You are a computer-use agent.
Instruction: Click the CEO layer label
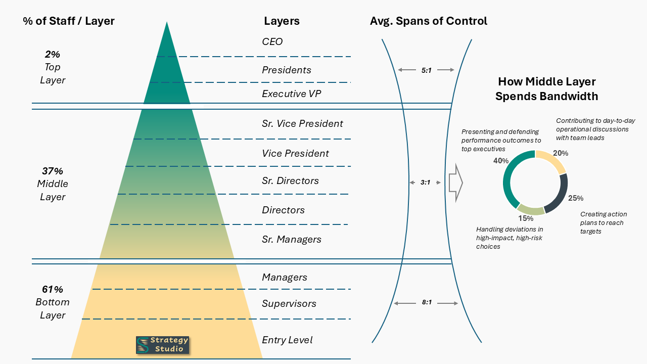pyautogui.click(x=272, y=41)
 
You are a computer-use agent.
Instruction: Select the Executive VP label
pyautogui.click(x=291, y=94)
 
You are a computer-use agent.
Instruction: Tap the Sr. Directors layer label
pyautogui.click(x=290, y=180)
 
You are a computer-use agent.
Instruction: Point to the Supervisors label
pyautogui.click(x=289, y=303)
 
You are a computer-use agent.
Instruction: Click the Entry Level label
pyautogui.click(x=287, y=340)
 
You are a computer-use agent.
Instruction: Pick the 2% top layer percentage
pyautogui.click(x=52, y=54)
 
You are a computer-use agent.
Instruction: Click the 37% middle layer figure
pyautogui.click(x=53, y=171)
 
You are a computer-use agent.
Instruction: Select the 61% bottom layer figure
pyautogui.click(x=53, y=289)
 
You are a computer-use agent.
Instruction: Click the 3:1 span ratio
pyautogui.click(x=425, y=182)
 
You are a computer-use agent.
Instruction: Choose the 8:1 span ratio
pyautogui.click(x=426, y=303)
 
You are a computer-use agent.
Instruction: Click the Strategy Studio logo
pyautogui.click(x=162, y=345)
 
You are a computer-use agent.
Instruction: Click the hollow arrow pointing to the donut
pyautogui.click(x=456, y=183)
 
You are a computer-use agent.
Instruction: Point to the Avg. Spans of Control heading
pyautogui.click(x=429, y=21)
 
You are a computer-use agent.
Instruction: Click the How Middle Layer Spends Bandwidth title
pyautogui.click(x=546, y=89)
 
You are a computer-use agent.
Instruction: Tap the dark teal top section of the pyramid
pyautogui.click(x=167, y=76)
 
